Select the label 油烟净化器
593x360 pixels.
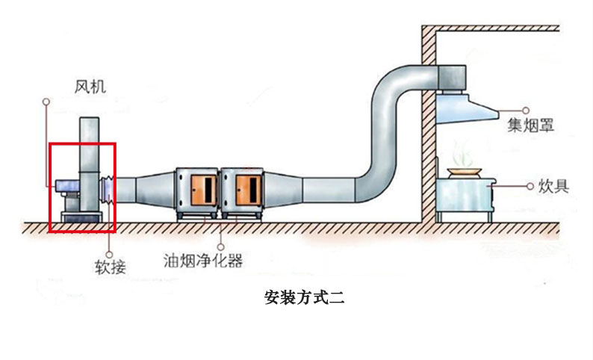(203, 261)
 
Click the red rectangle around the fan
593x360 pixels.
(51, 187)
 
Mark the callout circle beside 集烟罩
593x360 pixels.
(527, 109)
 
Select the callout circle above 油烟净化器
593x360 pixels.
(221, 244)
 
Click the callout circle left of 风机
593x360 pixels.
(46, 100)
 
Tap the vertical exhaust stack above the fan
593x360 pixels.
(90, 142)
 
